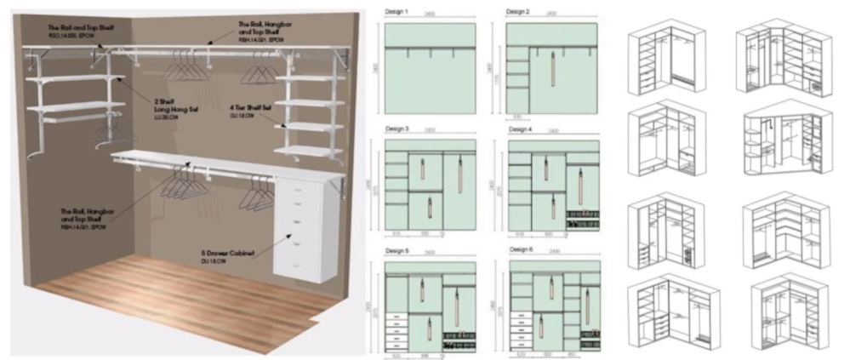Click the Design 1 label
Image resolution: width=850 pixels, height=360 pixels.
point(396,12)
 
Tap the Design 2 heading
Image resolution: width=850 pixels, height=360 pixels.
point(518,12)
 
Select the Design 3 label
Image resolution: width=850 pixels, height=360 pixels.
point(396,129)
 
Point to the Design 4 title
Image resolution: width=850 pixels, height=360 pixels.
point(521,129)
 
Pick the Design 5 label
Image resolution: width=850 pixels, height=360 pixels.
point(396,251)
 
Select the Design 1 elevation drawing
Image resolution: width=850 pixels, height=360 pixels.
point(430,68)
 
